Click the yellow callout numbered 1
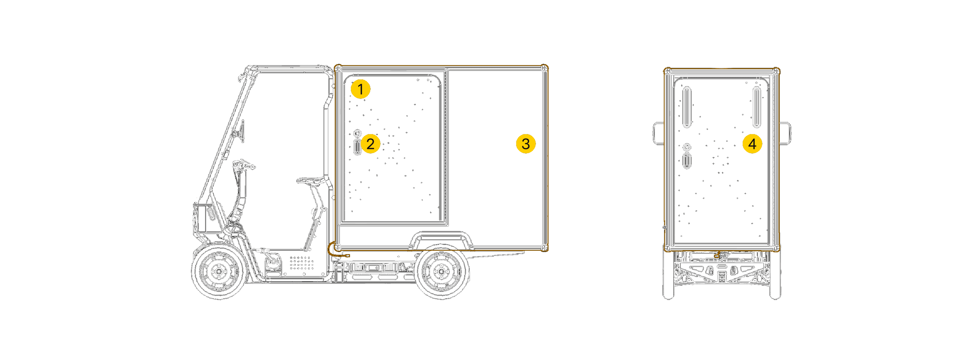(x=360, y=89)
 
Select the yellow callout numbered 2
(x=371, y=144)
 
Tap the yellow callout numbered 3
(x=526, y=144)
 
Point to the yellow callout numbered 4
(x=752, y=144)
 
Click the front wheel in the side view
(x=219, y=271)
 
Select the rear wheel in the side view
(x=441, y=271)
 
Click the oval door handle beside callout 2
(x=357, y=147)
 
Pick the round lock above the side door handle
(x=357, y=133)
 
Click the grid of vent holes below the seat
(x=302, y=263)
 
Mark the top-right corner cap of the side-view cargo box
(x=544, y=68)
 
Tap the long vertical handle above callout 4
(x=756, y=107)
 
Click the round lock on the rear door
(x=686, y=147)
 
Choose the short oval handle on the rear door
(x=686, y=160)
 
